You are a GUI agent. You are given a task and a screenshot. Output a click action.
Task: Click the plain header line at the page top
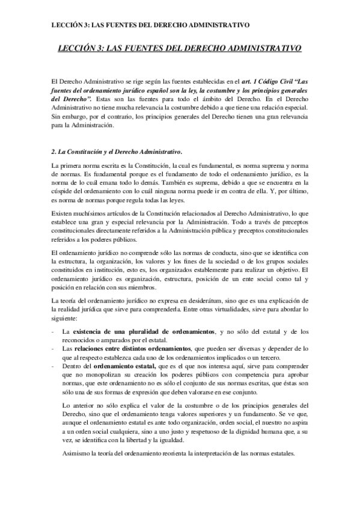click(x=150, y=25)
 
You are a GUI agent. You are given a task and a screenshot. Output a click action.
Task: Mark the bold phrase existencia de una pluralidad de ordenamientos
click(x=143, y=331)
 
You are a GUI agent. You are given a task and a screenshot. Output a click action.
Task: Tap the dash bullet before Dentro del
click(x=55, y=366)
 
